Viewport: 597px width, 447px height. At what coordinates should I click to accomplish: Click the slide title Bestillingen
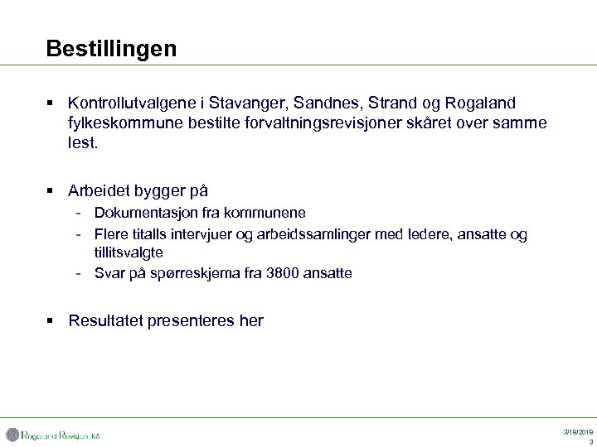(x=111, y=49)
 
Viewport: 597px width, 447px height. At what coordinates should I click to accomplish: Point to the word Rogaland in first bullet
(x=480, y=103)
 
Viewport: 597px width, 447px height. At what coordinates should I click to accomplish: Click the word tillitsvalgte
(x=129, y=252)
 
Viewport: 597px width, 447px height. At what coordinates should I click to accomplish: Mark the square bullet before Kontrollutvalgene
(x=51, y=103)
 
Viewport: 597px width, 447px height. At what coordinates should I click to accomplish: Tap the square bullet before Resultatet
(x=51, y=320)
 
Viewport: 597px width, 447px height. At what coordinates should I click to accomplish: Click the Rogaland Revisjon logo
(x=53, y=435)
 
